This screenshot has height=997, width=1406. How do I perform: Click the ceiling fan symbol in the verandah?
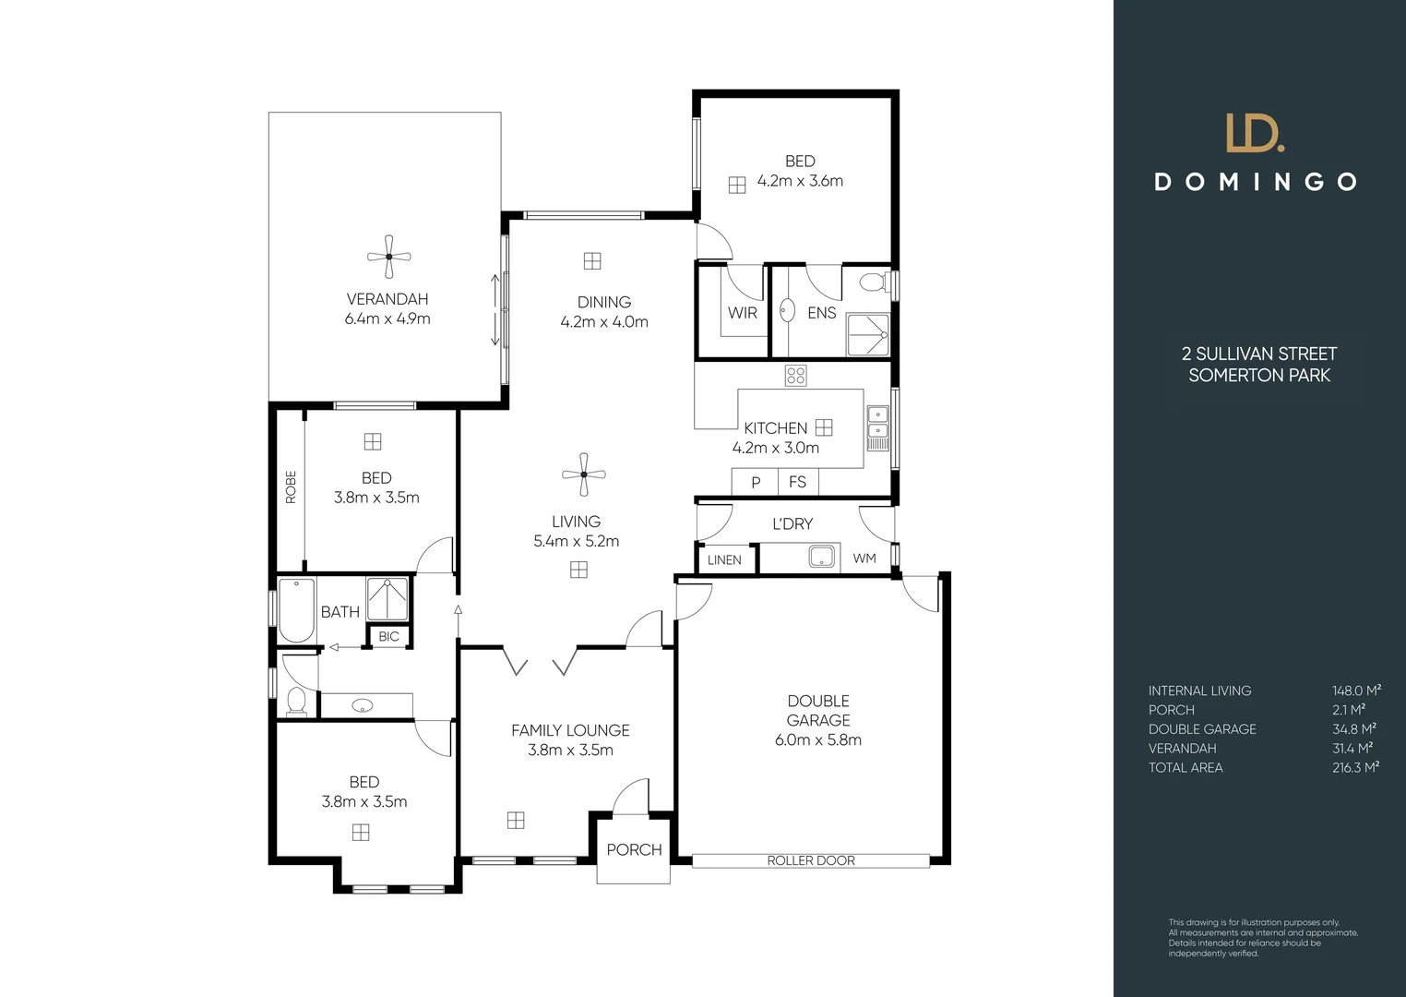pos(388,258)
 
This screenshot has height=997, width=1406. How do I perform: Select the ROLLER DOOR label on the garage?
pos(811,860)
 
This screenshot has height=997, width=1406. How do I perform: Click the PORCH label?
pos(634,849)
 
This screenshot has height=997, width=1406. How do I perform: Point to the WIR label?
pos(742,313)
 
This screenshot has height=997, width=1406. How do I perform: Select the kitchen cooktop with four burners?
pos(795,375)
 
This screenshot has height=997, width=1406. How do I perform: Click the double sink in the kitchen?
pos(876,422)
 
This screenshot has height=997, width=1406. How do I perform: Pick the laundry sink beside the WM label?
pos(820,557)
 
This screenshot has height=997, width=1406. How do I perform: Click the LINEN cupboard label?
pos(724,559)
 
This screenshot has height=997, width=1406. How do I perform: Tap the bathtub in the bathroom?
pos(296,610)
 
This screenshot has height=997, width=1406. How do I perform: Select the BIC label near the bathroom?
pos(388,636)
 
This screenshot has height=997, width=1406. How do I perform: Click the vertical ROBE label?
pos(291,486)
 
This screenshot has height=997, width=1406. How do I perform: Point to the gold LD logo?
pos(1254,133)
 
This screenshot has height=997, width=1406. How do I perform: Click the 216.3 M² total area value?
pos(1355,767)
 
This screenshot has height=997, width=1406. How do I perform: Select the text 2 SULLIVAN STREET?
pos(1258,354)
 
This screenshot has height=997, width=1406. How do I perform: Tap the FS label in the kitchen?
pos(797,482)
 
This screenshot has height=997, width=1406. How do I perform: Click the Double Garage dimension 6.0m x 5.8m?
pos(817,739)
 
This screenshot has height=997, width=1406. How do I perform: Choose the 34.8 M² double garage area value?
pos(1353,728)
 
